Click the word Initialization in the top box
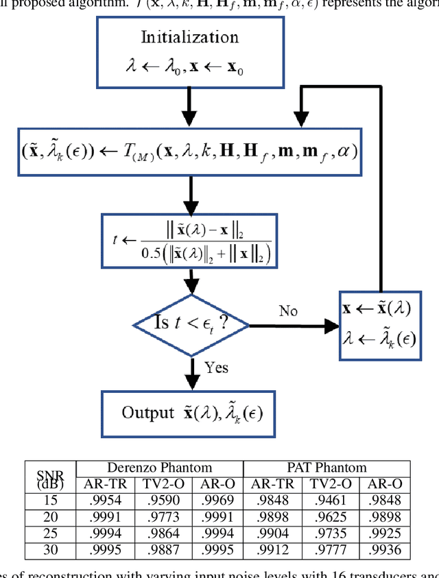(x=190, y=37)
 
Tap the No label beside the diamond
(x=288, y=311)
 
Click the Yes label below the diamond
(x=216, y=368)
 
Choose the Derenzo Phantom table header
(x=159, y=468)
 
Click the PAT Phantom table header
(x=327, y=468)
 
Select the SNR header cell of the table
(x=51, y=476)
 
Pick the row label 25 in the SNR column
(x=51, y=533)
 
